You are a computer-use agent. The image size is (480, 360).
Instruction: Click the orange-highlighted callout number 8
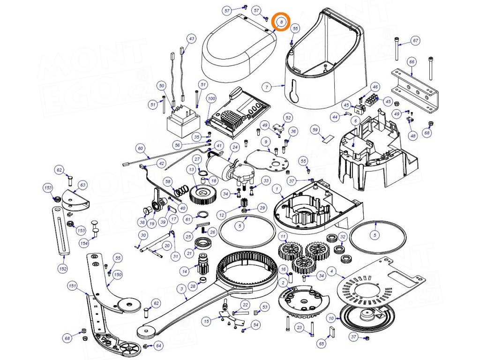coord(281,22)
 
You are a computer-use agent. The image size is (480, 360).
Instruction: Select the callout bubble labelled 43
coord(191,38)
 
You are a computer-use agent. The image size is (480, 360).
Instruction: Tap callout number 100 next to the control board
coord(211,99)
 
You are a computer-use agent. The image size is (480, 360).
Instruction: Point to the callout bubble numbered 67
coord(415,40)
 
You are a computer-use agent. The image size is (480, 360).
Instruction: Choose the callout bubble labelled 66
coord(412,61)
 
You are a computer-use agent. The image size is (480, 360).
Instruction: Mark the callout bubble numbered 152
coord(63,269)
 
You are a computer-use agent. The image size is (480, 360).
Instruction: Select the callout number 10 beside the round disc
coord(331,319)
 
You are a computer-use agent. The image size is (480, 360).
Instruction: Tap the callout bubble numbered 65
coord(322,344)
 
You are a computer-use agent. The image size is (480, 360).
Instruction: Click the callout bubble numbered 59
coord(315,129)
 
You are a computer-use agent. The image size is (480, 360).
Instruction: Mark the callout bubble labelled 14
coord(185,270)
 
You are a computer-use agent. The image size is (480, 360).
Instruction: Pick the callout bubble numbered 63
coord(83,185)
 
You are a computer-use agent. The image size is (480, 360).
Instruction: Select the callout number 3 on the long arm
coord(181,289)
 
